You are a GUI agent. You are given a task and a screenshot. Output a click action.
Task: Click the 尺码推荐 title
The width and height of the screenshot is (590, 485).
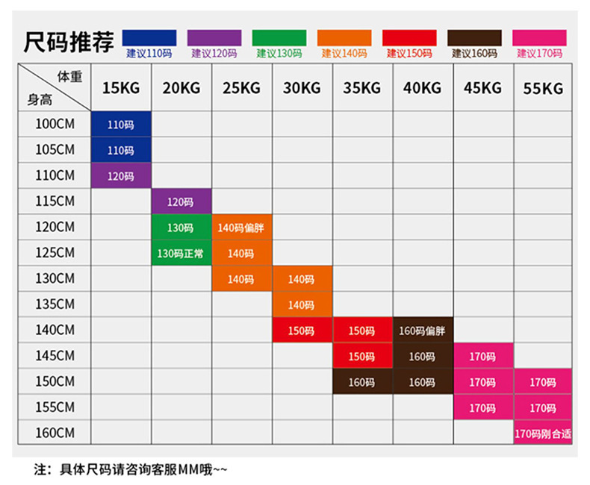click(x=69, y=42)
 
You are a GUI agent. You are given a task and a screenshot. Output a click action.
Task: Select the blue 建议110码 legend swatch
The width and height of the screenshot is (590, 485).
click(x=149, y=38)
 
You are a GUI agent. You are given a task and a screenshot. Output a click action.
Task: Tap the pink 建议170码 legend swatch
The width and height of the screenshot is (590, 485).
click(x=539, y=38)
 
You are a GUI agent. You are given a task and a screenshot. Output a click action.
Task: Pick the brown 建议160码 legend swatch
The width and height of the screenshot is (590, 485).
click(x=474, y=38)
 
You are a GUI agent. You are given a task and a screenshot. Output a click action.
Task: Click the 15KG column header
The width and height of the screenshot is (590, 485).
click(x=121, y=88)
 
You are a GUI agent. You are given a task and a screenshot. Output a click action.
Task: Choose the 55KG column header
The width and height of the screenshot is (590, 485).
click(x=543, y=88)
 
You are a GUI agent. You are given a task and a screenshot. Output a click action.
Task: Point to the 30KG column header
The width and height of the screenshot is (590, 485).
click(x=302, y=88)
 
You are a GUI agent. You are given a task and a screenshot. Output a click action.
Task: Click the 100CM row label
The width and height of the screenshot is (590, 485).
click(x=55, y=124)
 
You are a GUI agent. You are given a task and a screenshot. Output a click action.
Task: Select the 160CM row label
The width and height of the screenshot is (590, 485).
click(x=55, y=433)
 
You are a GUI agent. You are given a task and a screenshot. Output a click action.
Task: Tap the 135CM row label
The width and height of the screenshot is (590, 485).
click(x=55, y=304)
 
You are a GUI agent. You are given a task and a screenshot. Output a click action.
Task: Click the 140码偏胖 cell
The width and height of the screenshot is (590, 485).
click(x=241, y=228)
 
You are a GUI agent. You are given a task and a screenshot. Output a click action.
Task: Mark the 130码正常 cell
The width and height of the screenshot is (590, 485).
click(x=181, y=254)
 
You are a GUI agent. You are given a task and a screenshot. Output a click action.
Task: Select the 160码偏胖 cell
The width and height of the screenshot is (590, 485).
click(x=423, y=331)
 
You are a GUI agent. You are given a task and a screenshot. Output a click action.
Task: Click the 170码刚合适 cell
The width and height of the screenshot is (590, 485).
click(x=543, y=433)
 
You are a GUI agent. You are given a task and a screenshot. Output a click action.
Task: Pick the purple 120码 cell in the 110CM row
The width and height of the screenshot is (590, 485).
click(x=121, y=176)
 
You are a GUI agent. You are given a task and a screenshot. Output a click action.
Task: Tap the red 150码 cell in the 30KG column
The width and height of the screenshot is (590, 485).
click(x=302, y=331)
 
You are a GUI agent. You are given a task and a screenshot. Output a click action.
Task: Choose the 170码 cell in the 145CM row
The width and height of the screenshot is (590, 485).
click(x=482, y=357)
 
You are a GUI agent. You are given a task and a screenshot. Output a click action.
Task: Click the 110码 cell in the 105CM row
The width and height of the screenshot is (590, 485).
click(x=121, y=150)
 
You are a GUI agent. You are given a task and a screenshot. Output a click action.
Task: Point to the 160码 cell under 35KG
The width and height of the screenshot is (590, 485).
click(x=362, y=382)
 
